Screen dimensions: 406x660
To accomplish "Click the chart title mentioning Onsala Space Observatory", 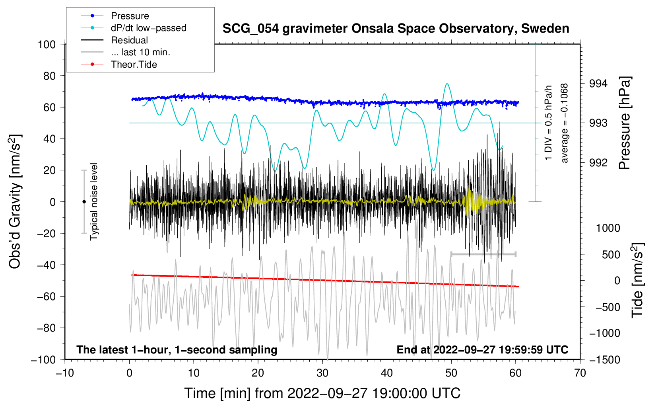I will coord(396,29).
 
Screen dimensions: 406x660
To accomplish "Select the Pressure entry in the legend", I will coord(130,16).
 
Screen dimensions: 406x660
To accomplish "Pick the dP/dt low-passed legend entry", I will coord(148,28).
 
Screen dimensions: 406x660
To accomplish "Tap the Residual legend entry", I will coord(129,40).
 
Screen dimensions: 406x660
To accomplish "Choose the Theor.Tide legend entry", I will coord(134,64).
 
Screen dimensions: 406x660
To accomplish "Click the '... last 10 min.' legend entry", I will coord(140,52).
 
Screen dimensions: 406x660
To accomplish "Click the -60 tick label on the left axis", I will coord(47,296).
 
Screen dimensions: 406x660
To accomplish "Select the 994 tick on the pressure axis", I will coord(598,84).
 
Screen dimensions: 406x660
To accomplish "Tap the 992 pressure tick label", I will coord(598,162).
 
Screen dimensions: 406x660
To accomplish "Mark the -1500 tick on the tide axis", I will coord(604,359).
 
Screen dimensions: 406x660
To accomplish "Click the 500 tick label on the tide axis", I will coord(611,254).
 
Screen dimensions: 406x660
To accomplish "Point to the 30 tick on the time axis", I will coord(322,373).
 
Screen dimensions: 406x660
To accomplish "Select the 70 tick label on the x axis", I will coord(580,373).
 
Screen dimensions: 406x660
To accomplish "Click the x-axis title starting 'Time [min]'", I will coord(322,393).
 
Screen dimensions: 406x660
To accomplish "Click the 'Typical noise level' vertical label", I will coord(94,201).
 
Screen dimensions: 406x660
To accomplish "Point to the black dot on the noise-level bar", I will coord(84,202).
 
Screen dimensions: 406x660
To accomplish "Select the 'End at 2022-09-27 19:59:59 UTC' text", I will coord(482,349).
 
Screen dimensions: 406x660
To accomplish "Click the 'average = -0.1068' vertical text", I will coord(565,123).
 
